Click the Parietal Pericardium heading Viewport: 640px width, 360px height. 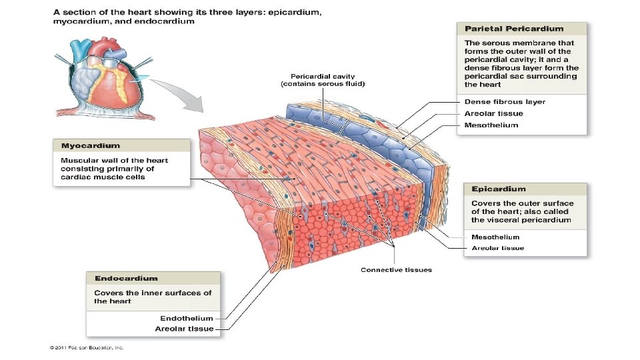point(514,29)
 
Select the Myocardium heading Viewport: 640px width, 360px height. point(91,145)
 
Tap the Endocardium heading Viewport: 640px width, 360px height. point(126,278)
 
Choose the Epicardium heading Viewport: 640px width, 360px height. point(499,189)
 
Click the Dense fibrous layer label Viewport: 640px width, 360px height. point(505,102)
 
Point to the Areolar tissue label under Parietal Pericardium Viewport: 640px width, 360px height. point(493,113)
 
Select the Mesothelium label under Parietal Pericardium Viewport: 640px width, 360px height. point(491,125)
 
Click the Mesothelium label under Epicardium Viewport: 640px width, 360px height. point(495,237)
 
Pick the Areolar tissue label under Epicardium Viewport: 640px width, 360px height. point(498,248)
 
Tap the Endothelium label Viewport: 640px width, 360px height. point(187,318)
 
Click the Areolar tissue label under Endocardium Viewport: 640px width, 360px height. point(185,329)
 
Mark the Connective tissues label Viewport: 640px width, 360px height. point(396,269)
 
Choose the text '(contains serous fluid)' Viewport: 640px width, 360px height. point(323,84)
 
